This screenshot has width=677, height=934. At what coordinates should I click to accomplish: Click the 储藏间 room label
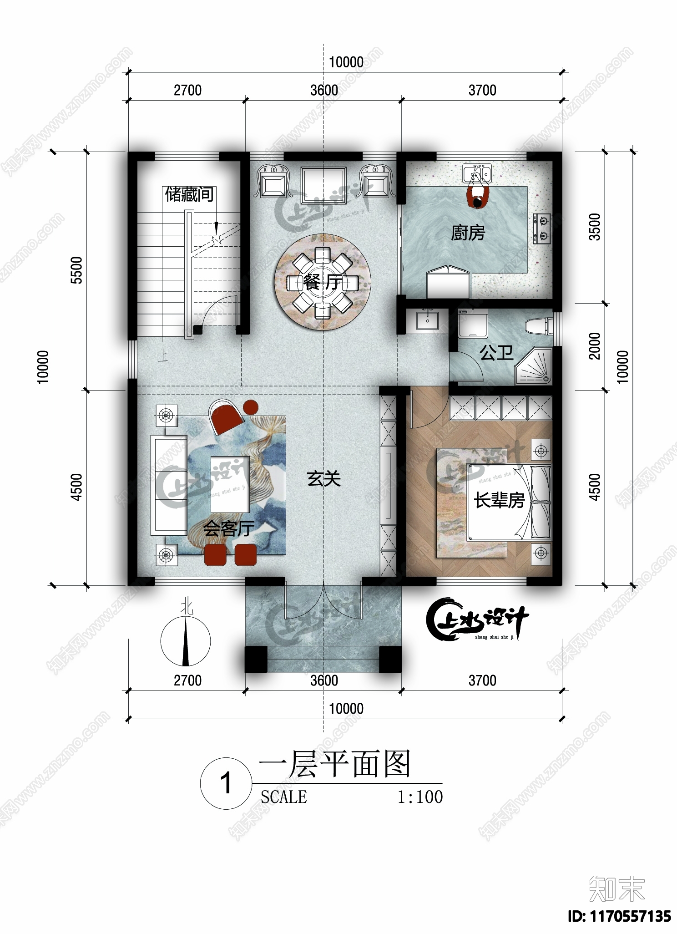point(189,195)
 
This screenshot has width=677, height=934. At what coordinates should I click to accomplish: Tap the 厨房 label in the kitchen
point(468,233)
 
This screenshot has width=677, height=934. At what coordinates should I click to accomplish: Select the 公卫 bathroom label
point(496,353)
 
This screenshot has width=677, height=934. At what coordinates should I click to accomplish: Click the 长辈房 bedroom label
point(499,501)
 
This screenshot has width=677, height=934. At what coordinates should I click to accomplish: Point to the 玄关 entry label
point(323,479)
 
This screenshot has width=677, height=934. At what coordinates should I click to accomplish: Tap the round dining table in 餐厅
point(323,283)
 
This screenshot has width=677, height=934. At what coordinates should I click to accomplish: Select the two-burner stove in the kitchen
point(541,229)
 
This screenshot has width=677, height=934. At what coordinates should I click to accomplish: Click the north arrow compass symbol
point(185,641)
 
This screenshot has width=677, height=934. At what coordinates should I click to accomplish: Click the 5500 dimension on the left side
point(77,270)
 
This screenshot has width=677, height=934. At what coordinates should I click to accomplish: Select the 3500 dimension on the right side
point(595,227)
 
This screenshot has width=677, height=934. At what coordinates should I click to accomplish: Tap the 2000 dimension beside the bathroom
point(595,346)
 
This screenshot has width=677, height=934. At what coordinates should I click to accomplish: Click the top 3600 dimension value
point(324,90)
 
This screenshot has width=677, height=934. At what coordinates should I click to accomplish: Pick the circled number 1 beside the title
point(226,784)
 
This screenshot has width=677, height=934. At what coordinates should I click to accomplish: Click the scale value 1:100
point(420,797)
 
